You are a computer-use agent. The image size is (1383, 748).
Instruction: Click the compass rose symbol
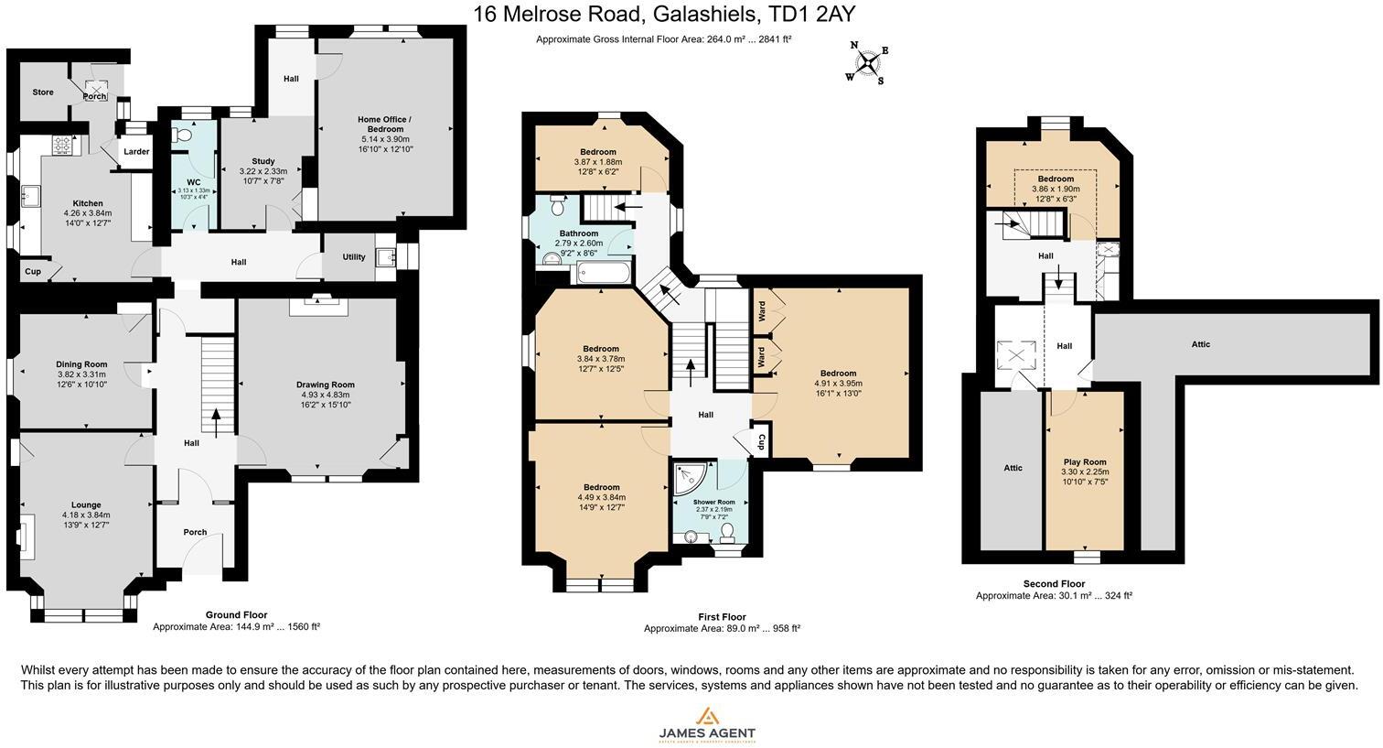point(866,62)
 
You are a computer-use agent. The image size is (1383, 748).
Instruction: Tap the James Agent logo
point(707,723)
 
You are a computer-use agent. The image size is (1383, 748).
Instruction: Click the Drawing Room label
point(325,385)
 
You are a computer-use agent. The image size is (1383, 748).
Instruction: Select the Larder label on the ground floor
point(136,152)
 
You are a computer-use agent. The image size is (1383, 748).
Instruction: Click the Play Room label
point(1085,462)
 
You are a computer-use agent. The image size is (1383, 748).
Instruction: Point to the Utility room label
point(353,257)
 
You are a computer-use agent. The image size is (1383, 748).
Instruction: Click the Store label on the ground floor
point(43,92)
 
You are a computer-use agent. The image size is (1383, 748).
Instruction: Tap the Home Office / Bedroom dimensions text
point(384,144)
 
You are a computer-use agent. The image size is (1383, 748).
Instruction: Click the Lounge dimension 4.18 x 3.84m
point(86,515)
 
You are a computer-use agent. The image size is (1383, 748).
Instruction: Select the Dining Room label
point(81,364)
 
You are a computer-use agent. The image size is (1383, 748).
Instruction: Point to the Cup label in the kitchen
point(32,272)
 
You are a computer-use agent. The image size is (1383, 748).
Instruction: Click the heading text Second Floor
point(1054,583)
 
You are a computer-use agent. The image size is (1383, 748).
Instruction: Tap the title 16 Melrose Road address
point(664,14)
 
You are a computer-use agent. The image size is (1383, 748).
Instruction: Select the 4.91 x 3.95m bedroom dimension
point(838,384)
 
